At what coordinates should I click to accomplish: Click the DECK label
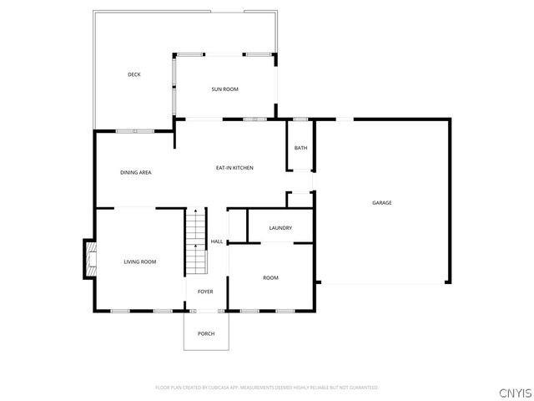point(134,75)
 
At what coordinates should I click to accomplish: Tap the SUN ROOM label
point(224,89)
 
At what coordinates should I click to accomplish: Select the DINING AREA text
point(135,172)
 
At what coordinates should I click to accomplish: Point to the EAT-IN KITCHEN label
point(234,168)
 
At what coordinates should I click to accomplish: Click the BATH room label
point(300,148)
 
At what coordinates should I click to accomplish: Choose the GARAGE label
point(382,203)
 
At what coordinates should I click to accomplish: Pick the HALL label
point(216,242)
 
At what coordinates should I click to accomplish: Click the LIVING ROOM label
point(140,262)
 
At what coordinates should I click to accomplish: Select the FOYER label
point(205,292)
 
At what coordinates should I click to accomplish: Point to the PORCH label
point(206,333)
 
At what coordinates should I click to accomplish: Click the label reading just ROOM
point(270,277)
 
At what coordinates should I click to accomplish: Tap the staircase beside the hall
point(195,241)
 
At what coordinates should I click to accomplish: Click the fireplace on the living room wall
point(88,260)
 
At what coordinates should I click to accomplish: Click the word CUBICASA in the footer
point(218,388)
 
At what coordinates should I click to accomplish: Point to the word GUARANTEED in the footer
point(363,388)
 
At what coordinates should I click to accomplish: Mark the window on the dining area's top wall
point(134,130)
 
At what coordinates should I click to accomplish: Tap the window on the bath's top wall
point(300,119)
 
